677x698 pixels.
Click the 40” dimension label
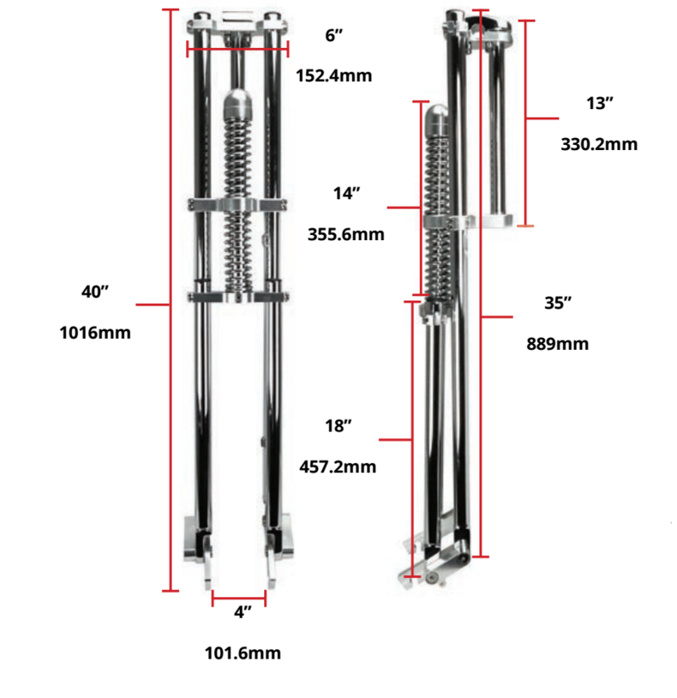pyautogui.click(x=95, y=292)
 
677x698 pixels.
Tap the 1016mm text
pyautogui.click(x=95, y=333)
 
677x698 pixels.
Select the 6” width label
pyautogui.click(x=334, y=35)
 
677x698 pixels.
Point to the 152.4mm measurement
pyautogui.click(x=334, y=75)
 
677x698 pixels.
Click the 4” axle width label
pyautogui.click(x=243, y=612)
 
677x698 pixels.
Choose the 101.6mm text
pyautogui.click(x=243, y=653)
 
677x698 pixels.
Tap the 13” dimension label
pyautogui.click(x=600, y=103)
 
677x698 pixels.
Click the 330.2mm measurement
pyautogui.click(x=599, y=144)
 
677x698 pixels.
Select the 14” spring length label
pyautogui.click(x=346, y=194)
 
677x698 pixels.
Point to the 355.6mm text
pyautogui.click(x=346, y=234)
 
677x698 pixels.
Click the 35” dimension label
pyautogui.click(x=558, y=303)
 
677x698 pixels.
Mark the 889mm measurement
pyautogui.click(x=558, y=344)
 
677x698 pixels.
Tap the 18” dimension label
pyautogui.click(x=338, y=426)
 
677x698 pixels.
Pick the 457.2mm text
pyautogui.click(x=338, y=467)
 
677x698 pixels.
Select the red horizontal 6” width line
pyautogui.click(x=236, y=49)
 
